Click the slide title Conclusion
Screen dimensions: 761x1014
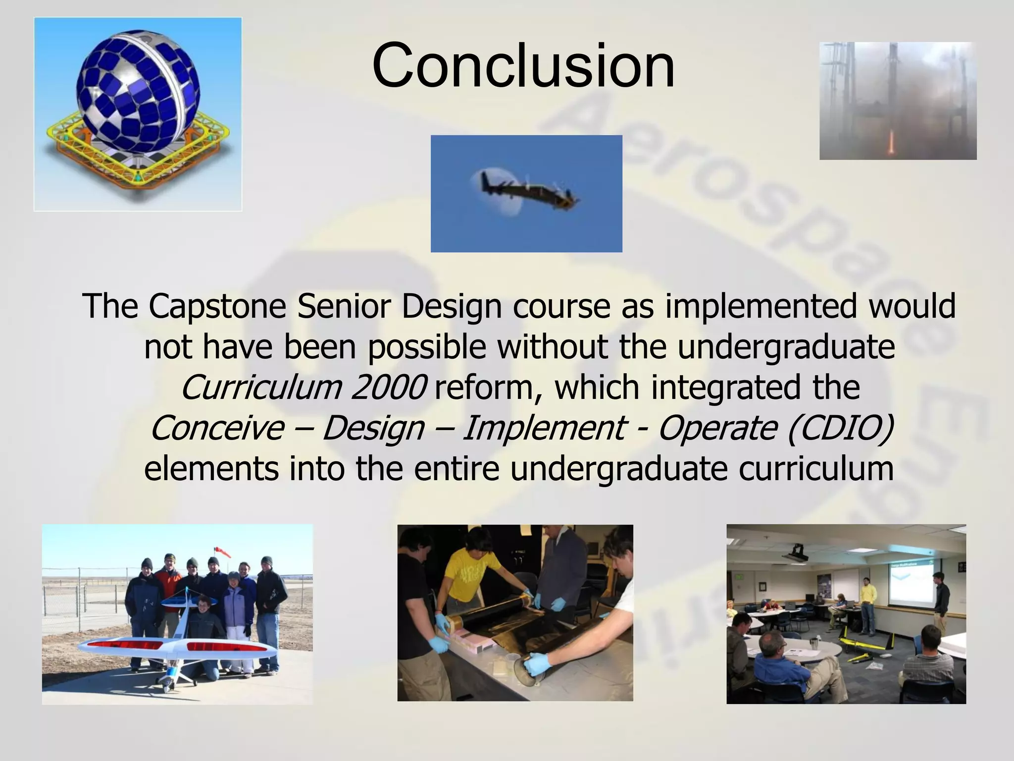(x=523, y=66)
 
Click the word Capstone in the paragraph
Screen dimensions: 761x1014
(x=217, y=306)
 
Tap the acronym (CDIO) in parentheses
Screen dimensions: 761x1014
(x=840, y=428)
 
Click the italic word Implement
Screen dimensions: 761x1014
(x=543, y=428)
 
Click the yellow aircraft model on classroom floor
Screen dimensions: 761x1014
(x=864, y=647)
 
